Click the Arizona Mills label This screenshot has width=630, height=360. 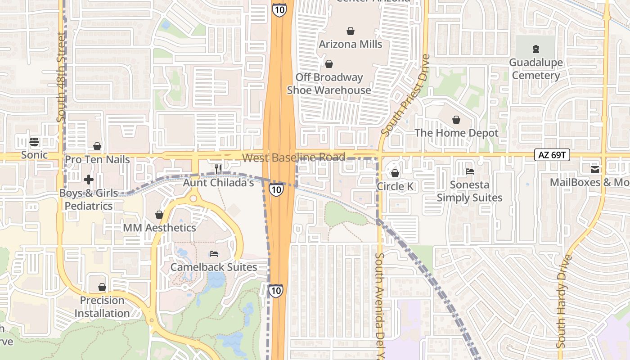[351, 44]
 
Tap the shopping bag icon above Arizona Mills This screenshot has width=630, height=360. [351, 31]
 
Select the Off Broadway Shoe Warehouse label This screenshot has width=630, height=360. [329, 84]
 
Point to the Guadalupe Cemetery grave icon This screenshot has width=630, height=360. [535, 49]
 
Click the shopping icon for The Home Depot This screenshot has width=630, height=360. [456, 120]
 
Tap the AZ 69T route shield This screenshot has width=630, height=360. [552, 155]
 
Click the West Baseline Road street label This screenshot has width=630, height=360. [293, 157]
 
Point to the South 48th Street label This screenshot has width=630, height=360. [62, 83]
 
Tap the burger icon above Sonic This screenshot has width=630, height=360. [34, 142]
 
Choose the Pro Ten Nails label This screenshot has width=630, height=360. [97, 159]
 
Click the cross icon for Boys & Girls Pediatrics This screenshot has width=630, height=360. [89, 180]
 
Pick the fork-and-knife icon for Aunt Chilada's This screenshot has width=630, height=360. [218, 169]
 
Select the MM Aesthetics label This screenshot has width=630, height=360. [159, 228]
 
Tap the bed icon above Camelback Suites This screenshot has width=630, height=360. [214, 254]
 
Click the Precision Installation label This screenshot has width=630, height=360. [102, 306]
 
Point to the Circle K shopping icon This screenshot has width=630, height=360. [395, 173]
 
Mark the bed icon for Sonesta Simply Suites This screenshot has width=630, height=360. [469, 171]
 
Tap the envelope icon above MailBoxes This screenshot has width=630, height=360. [595, 169]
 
